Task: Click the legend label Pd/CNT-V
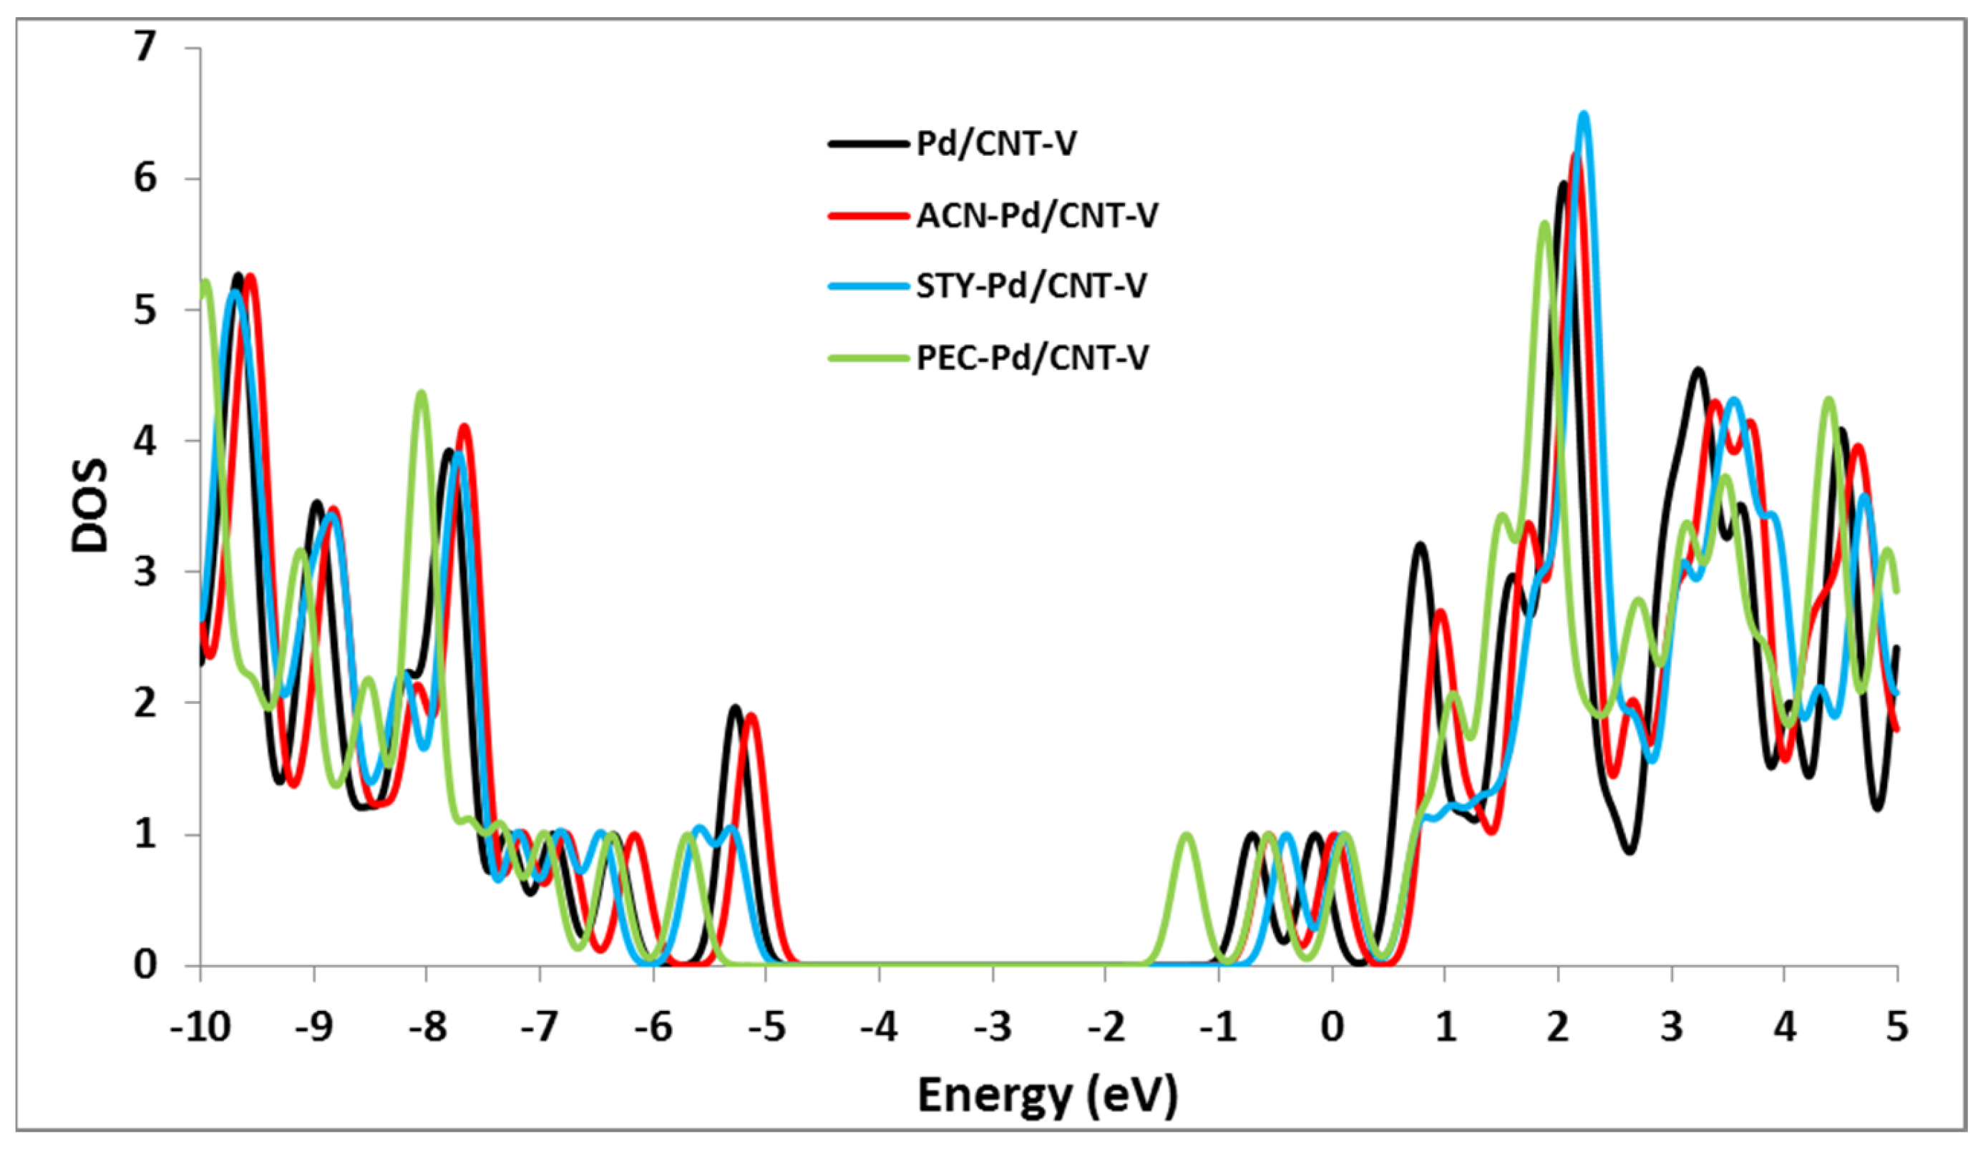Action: pos(996,145)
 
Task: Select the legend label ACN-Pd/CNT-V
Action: pos(1037,216)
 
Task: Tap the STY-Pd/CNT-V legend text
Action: pos(1031,285)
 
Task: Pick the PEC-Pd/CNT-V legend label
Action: pos(1032,358)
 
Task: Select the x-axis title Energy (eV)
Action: pos(1047,1095)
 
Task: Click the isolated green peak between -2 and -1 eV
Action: pos(1186,835)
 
